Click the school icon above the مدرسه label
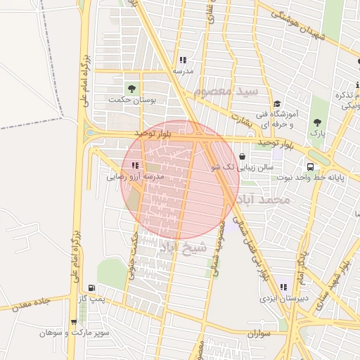183,60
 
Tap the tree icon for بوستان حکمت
131,88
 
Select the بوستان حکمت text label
136,100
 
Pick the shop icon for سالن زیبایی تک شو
243,156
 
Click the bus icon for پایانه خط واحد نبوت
310,167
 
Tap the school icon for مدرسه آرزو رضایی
135,165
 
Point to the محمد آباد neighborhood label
264,200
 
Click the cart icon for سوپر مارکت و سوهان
73,322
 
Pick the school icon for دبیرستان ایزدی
283,287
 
